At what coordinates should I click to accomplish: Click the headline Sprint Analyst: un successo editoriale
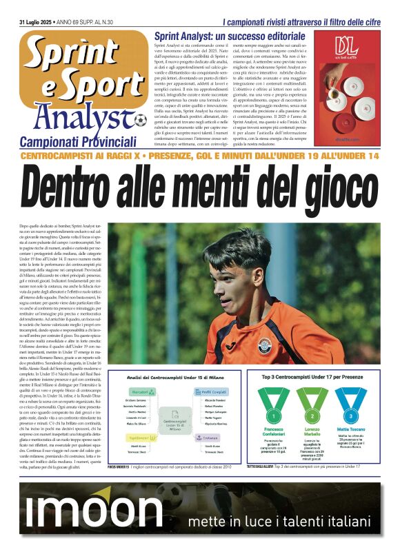[x=230, y=35]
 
